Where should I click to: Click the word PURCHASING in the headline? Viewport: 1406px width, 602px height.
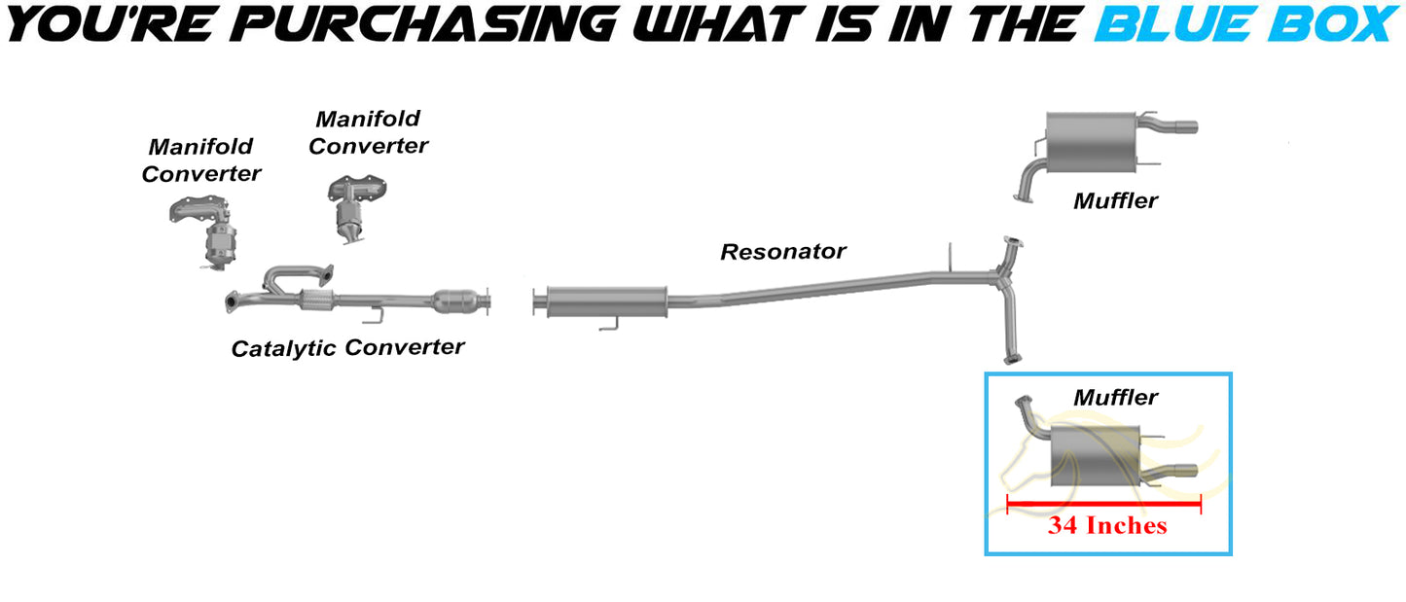pos(425,24)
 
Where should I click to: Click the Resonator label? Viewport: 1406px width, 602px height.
pos(783,252)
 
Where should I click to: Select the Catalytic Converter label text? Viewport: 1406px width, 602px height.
pos(347,348)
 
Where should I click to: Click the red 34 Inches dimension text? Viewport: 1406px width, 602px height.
pos(1107,525)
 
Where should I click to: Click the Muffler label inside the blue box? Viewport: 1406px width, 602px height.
pos(1115,397)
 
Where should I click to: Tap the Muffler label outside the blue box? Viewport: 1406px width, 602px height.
pos(1115,200)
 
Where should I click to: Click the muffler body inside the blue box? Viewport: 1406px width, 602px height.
pos(1095,456)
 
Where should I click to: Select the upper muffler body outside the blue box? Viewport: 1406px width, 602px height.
pos(1091,142)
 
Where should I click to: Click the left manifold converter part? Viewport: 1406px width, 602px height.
pos(204,232)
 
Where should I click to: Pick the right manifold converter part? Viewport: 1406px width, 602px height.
pos(356,209)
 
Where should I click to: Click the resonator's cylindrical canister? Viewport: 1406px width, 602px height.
pos(606,302)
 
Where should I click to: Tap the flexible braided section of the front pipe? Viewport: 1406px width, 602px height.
pos(316,301)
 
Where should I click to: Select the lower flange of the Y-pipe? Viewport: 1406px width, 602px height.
pos(1012,359)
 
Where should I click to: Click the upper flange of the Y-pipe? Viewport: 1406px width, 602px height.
pos(1013,241)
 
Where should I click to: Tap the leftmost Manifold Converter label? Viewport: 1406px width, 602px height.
pos(200,159)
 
